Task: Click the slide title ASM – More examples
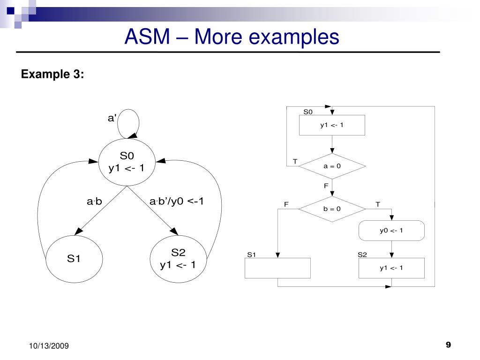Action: (x=232, y=37)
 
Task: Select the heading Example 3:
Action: (x=52, y=74)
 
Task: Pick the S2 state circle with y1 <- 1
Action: (x=178, y=259)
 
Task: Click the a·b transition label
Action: (x=95, y=202)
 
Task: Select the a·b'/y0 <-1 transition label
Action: (x=177, y=202)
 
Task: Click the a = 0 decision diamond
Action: (x=332, y=166)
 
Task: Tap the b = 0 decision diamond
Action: (x=332, y=209)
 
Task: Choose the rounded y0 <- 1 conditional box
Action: (x=391, y=230)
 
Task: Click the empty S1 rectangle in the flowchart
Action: (x=277, y=268)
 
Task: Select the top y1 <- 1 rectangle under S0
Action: (x=332, y=125)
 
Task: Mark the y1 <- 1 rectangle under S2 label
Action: (x=391, y=268)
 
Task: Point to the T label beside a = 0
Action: (x=295, y=161)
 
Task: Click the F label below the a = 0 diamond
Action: (x=326, y=186)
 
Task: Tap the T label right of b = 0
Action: (x=378, y=204)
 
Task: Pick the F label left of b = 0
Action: (x=286, y=204)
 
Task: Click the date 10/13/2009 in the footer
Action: (x=49, y=346)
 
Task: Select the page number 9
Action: (x=448, y=345)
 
